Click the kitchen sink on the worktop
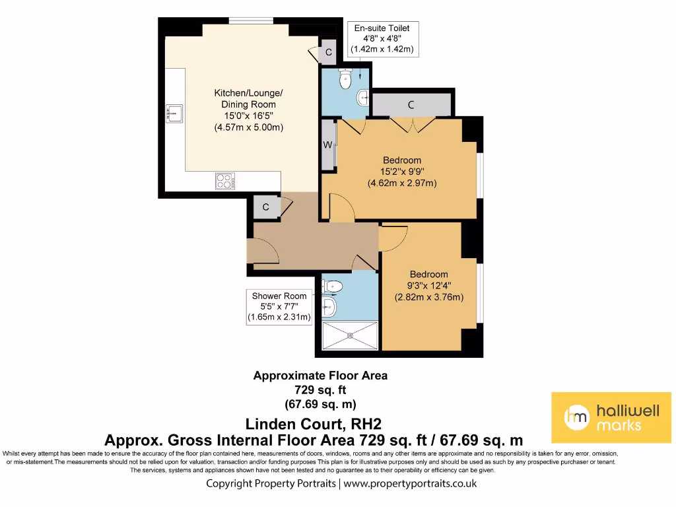pyautogui.click(x=174, y=113)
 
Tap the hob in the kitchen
pyautogui.click(x=224, y=180)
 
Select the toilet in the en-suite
pyautogui.click(x=343, y=79)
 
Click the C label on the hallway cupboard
pyautogui.click(x=265, y=207)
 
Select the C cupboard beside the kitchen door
pyautogui.click(x=327, y=52)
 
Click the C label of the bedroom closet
pyautogui.click(x=411, y=104)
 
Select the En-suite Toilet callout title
pyautogui.click(x=382, y=28)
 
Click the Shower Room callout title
pyautogui.click(x=279, y=296)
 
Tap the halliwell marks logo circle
pyautogui.click(x=576, y=417)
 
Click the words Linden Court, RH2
pyautogui.click(x=314, y=423)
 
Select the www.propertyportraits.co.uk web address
pyautogui.click(x=409, y=483)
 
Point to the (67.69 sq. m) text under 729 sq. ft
pyautogui.click(x=320, y=403)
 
